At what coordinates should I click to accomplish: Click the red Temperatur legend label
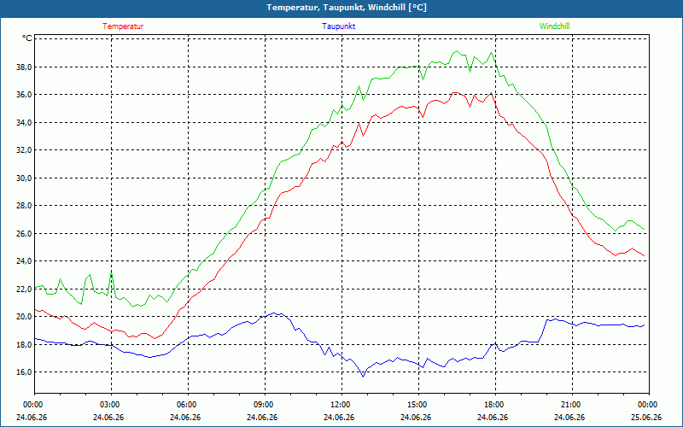click(x=123, y=26)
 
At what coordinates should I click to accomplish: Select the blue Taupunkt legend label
click(x=338, y=26)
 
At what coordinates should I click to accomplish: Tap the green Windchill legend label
click(x=554, y=26)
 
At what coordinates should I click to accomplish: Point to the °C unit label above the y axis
click(x=27, y=38)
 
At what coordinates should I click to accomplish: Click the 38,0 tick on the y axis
click(x=25, y=67)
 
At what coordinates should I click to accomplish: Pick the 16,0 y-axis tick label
click(x=25, y=372)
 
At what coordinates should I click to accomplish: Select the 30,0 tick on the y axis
click(x=25, y=178)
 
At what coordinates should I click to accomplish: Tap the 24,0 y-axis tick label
click(x=25, y=261)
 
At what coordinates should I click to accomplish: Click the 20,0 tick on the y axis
click(x=25, y=317)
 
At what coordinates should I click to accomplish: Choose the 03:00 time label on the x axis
click(x=112, y=405)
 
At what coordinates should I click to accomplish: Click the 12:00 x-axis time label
click(x=342, y=405)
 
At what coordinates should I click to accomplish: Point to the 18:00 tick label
click(x=496, y=405)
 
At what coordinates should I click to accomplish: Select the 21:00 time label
click(x=572, y=405)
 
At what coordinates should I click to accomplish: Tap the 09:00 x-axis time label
click(x=266, y=405)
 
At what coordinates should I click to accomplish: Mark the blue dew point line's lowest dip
click(x=363, y=377)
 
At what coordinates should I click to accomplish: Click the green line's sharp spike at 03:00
click(x=112, y=273)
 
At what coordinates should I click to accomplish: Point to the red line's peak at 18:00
click(x=492, y=93)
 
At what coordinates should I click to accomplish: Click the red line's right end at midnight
click(x=645, y=255)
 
